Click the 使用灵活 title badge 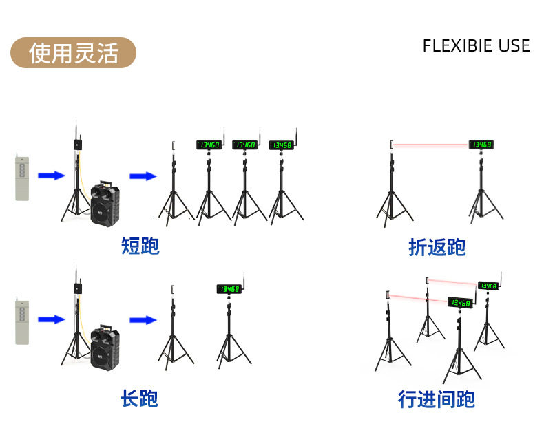pos(73,53)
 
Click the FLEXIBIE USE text pos(476,46)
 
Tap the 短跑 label pos(140,246)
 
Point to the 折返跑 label pos(437,247)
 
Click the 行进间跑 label pos(436,399)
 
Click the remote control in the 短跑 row pos(22,178)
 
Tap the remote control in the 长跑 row pos(22,321)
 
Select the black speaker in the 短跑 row pos(105,203)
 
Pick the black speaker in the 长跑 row pos(105,347)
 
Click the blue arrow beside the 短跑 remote pos(51,176)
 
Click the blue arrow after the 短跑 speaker pos(143,176)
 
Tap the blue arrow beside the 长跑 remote pos(51,319)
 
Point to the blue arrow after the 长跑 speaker pos(143,319)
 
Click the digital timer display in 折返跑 pos(481,145)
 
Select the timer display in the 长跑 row pos(229,289)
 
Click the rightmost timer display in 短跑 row pos(281,145)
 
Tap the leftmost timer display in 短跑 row pos(209,145)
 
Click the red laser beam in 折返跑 pos(430,145)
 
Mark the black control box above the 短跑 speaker pos(77,145)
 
